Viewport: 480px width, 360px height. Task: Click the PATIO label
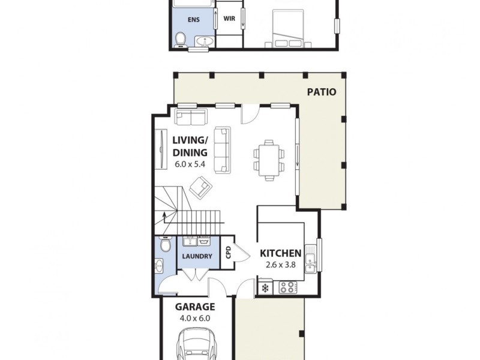(322, 92)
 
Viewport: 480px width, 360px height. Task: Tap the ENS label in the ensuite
(193, 20)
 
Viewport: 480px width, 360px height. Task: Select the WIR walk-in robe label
(229, 19)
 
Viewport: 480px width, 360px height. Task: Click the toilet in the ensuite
(179, 39)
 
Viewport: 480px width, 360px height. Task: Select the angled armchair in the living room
(200, 187)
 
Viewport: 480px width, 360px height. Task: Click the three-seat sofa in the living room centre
(223, 149)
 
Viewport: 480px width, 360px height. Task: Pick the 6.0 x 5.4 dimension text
(190, 164)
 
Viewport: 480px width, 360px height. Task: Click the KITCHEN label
(280, 254)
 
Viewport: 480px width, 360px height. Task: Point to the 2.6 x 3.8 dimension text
(280, 265)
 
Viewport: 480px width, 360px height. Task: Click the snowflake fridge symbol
(265, 289)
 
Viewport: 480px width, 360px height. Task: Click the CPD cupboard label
(228, 253)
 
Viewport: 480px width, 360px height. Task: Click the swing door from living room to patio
(249, 114)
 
